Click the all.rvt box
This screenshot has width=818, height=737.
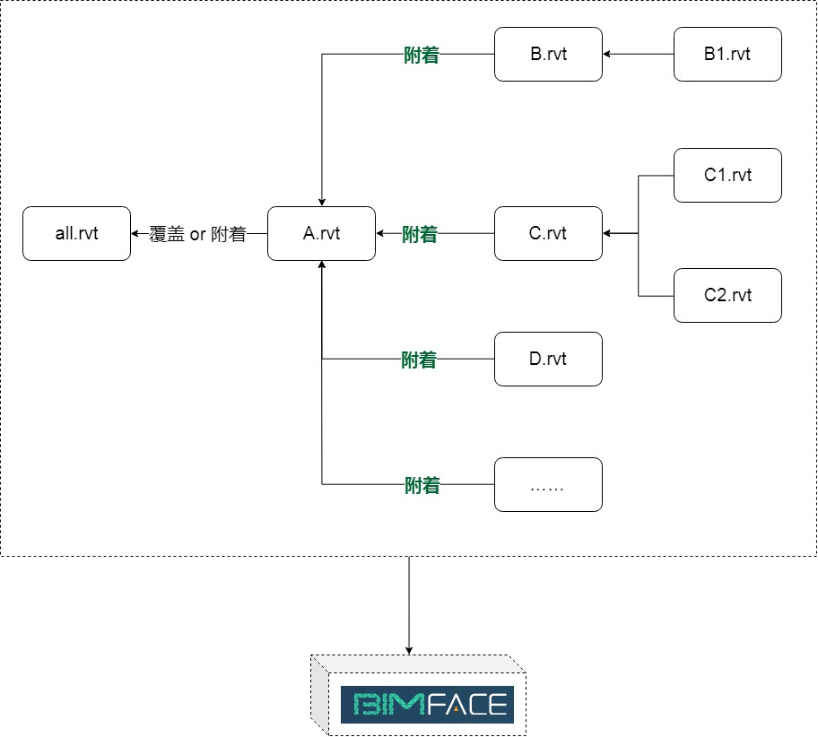(76, 234)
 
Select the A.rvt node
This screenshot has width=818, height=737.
(321, 234)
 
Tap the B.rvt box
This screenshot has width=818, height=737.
(548, 55)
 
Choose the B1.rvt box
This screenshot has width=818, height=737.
(727, 55)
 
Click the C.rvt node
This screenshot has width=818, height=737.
(548, 234)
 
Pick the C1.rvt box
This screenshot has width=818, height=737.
(727, 175)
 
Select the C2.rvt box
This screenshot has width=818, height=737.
(727, 295)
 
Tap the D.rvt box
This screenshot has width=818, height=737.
(548, 360)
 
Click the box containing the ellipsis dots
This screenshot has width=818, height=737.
(548, 485)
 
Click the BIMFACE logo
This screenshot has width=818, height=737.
(427, 705)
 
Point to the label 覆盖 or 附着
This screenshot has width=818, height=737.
(198, 235)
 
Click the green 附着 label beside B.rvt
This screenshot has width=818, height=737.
(422, 56)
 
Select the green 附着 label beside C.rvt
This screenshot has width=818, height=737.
(420, 235)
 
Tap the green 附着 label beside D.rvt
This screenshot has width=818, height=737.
(419, 360)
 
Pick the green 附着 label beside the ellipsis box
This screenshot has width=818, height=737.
(422, 486)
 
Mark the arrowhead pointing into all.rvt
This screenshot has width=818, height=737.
(135, 234)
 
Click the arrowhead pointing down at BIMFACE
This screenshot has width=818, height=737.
(409, 650)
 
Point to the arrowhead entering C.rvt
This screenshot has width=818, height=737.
(607, 234)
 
